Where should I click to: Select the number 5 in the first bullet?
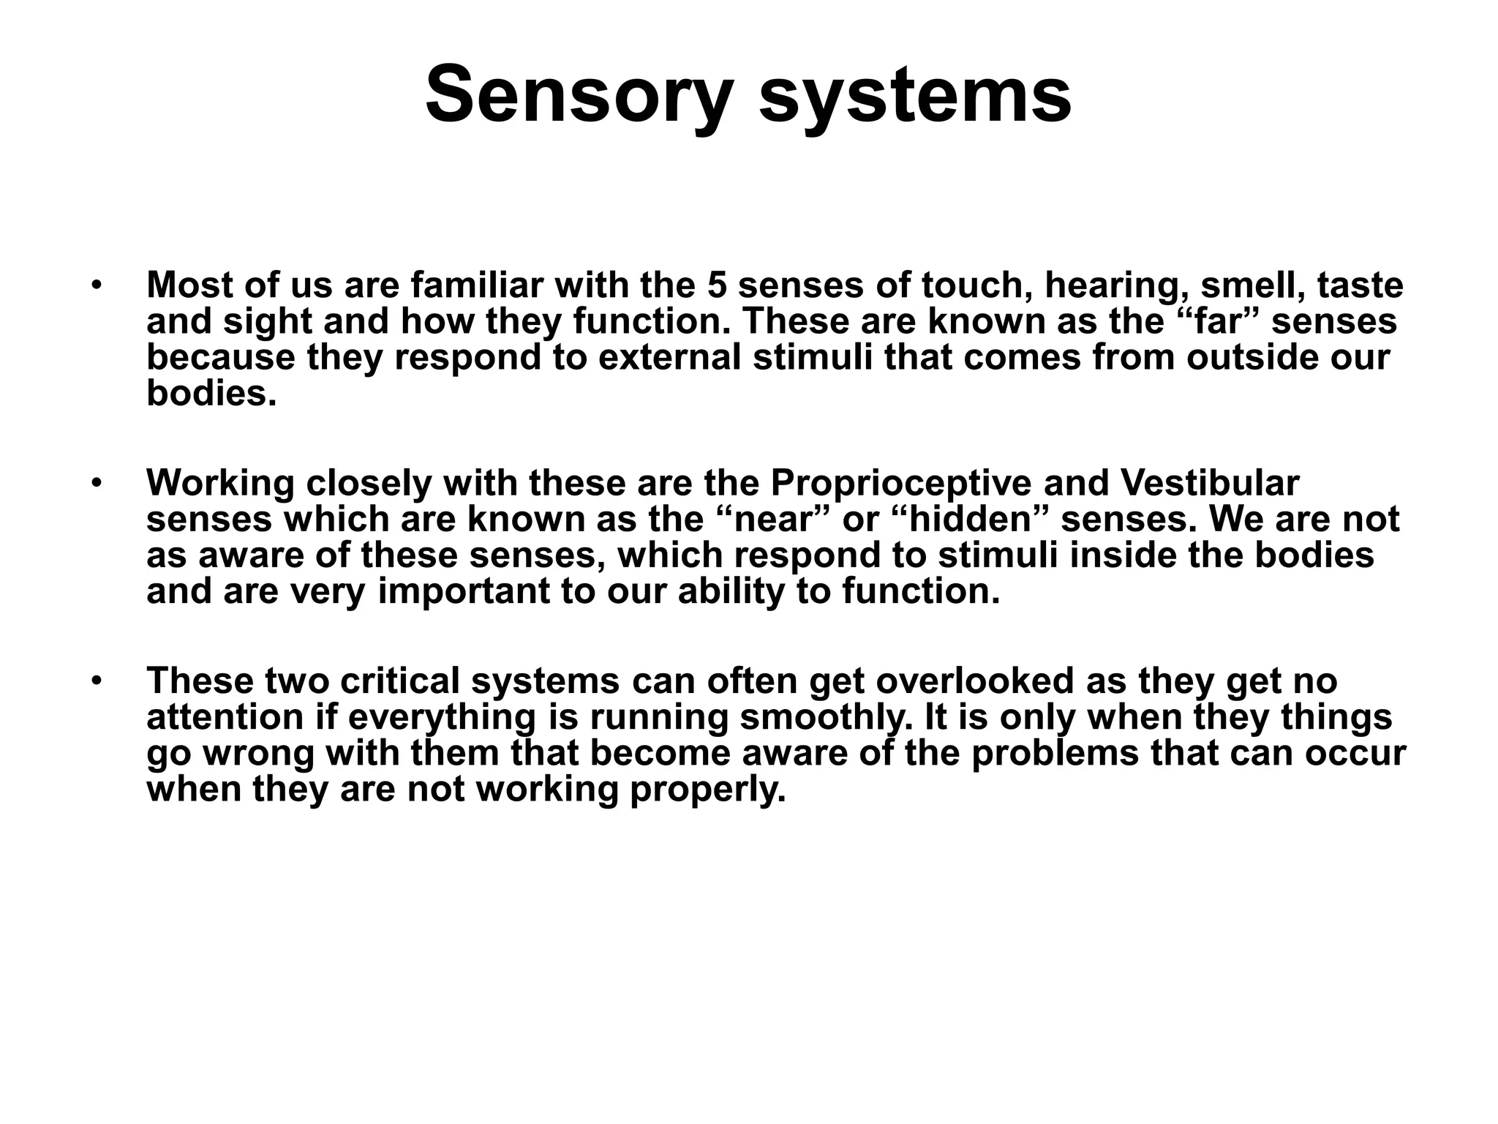717,285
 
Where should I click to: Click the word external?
669,357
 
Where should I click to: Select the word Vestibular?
1210,483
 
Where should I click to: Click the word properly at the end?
707,790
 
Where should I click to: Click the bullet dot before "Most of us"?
94,285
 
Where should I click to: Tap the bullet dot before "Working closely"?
94,482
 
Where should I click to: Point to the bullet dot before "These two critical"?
94,680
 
